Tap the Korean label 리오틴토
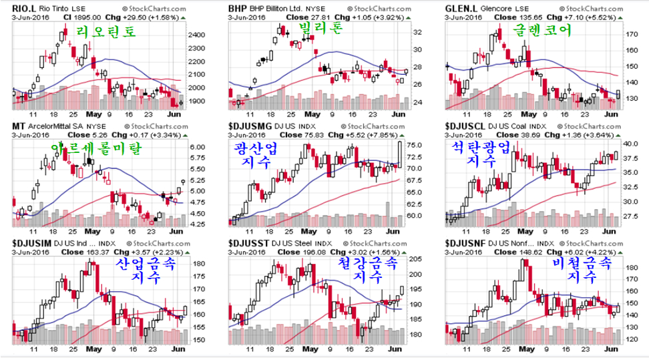105,31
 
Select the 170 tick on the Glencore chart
629,33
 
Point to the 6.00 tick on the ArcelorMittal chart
198,147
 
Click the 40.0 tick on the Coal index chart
630,144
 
